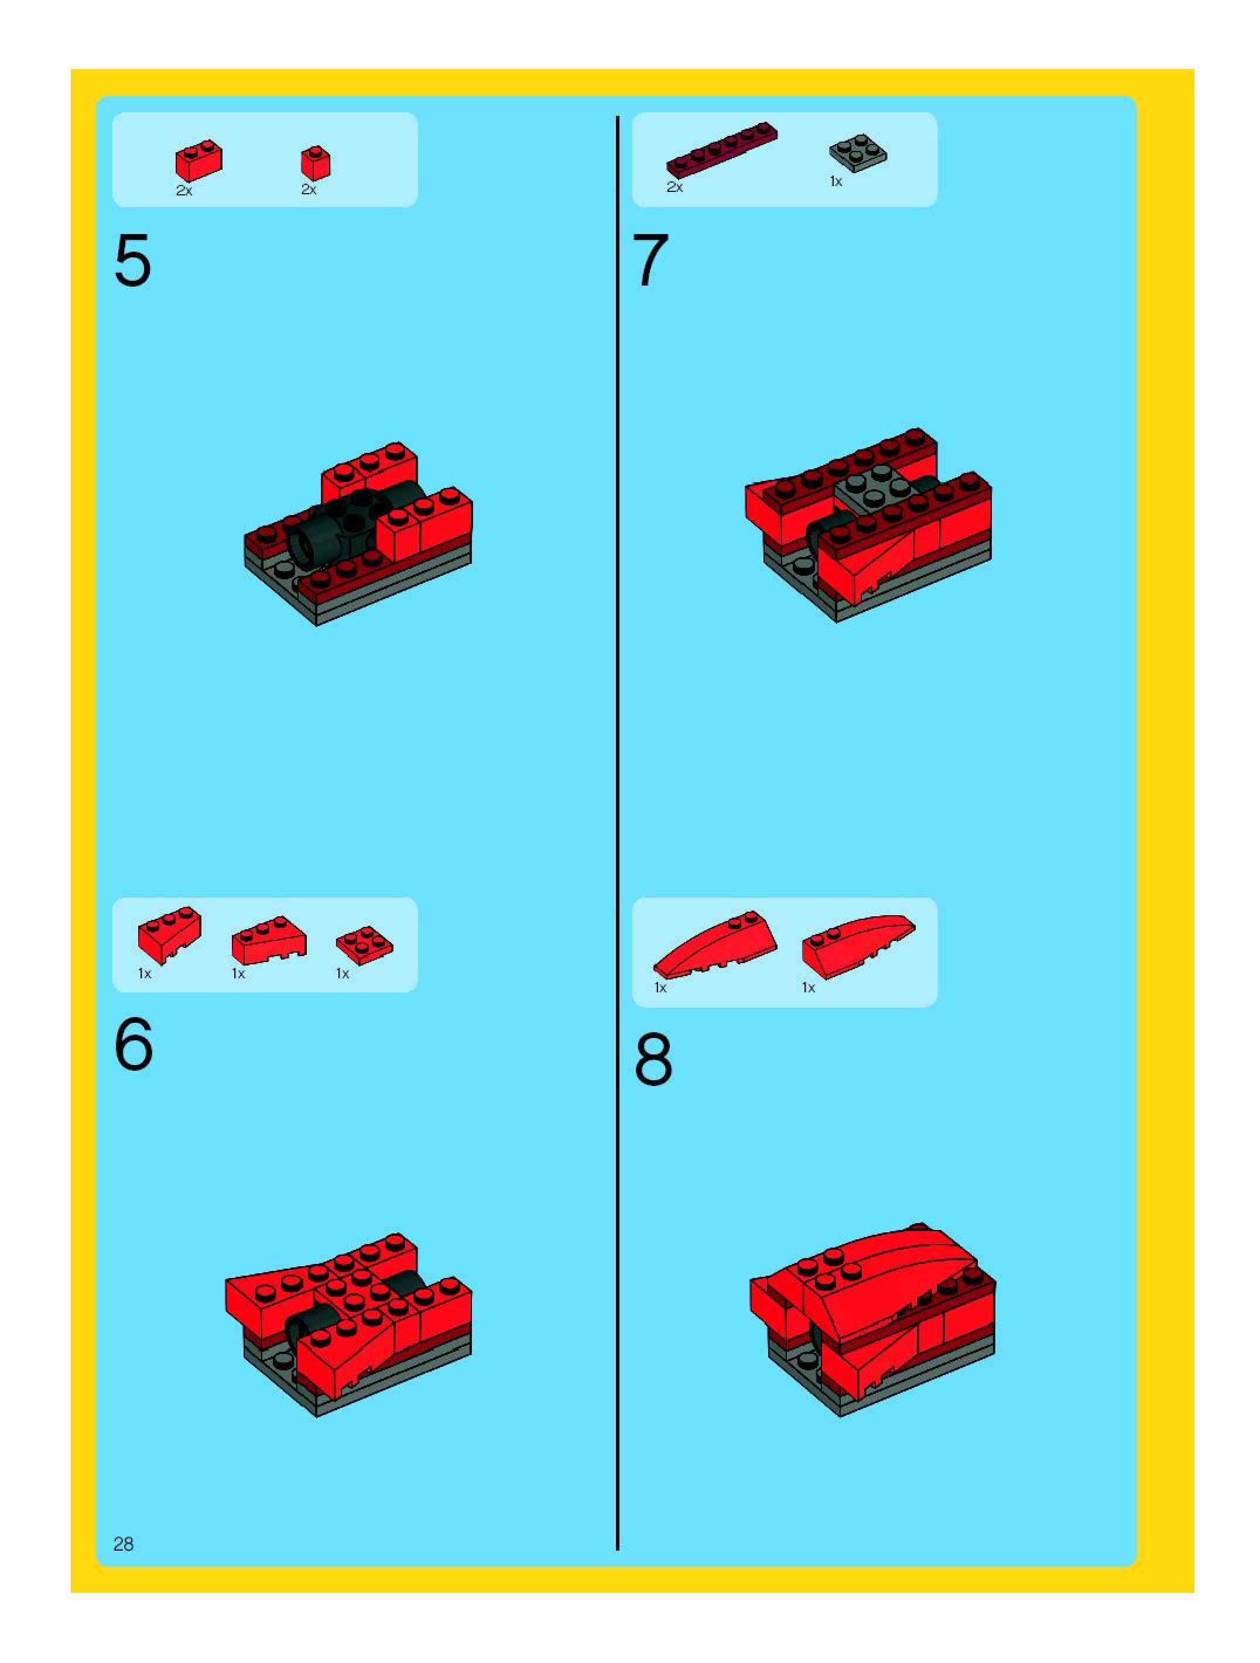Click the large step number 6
pos(134,1044)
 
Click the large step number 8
pos(653,1059)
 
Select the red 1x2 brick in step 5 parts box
pos(198,160)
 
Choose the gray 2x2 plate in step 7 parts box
pos(858,153)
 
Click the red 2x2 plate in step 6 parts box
pos(364,945)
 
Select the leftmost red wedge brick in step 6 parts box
pos(170,934)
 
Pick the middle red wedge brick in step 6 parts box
pos(269,940)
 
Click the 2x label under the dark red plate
pos(674,187)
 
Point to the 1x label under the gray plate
pos(836,181)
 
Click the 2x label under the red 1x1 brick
pos(309,190)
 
